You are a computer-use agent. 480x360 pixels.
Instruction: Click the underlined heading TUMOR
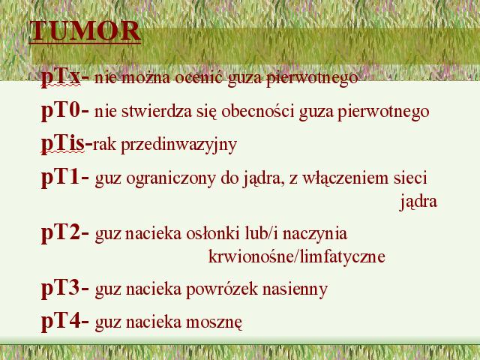click(x=85, y=31)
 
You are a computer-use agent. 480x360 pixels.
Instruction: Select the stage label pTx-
click(x=65, y=76)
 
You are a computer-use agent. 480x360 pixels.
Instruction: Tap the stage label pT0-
click(x=65, y=110)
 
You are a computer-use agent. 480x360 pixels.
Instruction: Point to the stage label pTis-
click(x=67, y=144)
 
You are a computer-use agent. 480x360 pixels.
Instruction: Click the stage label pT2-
click(x=65, y=233)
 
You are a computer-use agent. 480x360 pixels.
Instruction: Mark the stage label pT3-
click(x=65, y=288)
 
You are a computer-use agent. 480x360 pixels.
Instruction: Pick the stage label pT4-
click(x=65, y=322)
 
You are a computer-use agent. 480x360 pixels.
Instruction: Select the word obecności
click(x=258, y=111)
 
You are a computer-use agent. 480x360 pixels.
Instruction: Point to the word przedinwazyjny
click(x=179, y=145)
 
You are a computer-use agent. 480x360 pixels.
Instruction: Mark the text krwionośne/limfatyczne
click(x=297, y=256)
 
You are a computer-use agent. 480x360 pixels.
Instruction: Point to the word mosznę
click(x=214, y=323)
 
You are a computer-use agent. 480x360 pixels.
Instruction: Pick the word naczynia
click(x=315, y=235)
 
